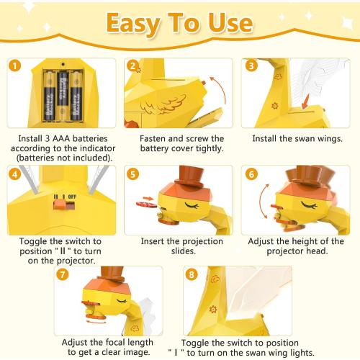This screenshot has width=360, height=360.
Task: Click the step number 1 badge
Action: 15,66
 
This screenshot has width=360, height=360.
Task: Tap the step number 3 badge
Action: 251,66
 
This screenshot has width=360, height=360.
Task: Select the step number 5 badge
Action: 132,174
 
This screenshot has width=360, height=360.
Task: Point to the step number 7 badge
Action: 63,274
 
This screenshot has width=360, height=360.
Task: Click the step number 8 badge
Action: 192,274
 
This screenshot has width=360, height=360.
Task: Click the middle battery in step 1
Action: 63,96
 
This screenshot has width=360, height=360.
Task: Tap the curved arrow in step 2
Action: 219,89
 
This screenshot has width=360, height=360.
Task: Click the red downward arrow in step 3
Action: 305,102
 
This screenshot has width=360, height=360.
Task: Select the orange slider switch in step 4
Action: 59,204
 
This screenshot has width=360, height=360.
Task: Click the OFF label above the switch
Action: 72,197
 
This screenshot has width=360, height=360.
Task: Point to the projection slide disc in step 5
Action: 146,204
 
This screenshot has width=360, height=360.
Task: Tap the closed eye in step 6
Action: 309,205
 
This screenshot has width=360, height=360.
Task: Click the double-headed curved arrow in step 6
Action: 261,201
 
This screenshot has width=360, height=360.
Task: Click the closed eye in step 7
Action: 122,301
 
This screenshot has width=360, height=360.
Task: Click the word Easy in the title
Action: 133,24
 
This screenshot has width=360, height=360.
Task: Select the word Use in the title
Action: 230,22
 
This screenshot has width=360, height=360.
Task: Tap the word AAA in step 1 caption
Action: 61,138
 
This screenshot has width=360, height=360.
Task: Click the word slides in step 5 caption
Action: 184,251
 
